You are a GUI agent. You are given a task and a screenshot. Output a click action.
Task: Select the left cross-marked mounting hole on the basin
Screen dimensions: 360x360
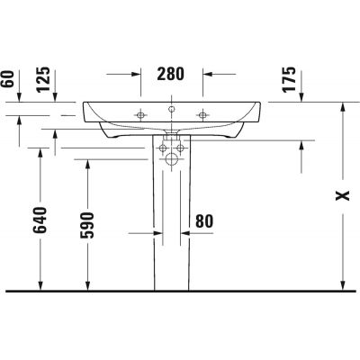coord(140,114)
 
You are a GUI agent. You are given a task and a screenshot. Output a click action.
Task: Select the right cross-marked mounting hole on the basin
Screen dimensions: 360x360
coord(203,114)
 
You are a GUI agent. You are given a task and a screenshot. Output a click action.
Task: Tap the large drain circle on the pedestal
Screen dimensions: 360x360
coord(172,160)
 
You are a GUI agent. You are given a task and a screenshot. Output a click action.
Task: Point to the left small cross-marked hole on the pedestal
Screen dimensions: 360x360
coord(164,145)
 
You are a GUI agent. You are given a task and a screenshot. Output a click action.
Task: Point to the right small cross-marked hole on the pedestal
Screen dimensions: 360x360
coord(180,145)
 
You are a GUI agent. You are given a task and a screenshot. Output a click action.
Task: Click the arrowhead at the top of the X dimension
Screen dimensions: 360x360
coord(342,106)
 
